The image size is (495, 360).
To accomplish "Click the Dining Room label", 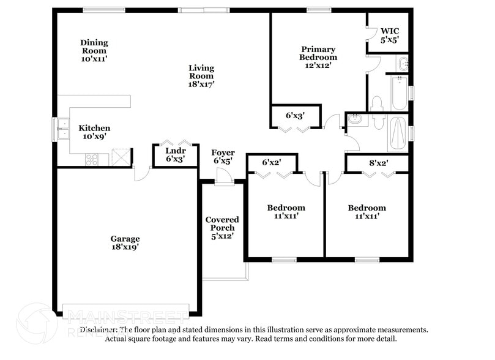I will coord(94,47).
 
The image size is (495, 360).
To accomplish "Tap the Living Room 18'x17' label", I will coord(201,76).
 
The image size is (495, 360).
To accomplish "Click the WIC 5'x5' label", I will coord(390,35).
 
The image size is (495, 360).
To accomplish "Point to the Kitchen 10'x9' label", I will coord(94,132).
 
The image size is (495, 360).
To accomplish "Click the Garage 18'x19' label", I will coord(125,242).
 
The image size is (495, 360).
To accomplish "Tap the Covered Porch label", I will coord(222,227).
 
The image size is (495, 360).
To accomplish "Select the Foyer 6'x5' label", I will coord(223,157).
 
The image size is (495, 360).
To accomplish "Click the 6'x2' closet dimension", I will coord(271,162).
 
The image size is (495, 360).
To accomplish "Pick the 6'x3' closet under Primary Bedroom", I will coord(295,114).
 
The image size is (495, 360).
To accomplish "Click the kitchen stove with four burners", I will coord(92,160).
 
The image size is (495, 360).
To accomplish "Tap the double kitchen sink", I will coord(62,129).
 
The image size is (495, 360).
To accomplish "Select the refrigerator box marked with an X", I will coord(122,157).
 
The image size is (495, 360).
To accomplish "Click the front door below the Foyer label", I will coord(225,178).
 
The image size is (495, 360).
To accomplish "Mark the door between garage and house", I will coord(142,173).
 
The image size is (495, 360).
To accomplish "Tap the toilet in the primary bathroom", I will coord(376,103).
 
